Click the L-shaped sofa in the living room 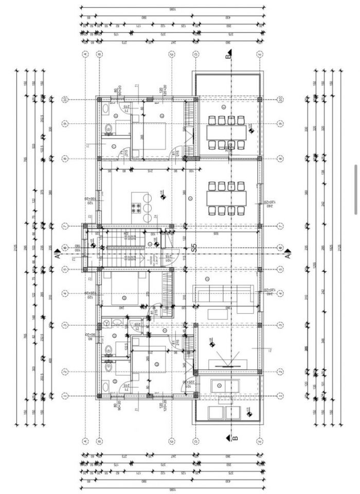[x=223, y=295]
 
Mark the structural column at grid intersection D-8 [x=195, y=158]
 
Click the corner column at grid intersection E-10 [x=259, y=99]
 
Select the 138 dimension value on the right [x=325, y=172]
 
